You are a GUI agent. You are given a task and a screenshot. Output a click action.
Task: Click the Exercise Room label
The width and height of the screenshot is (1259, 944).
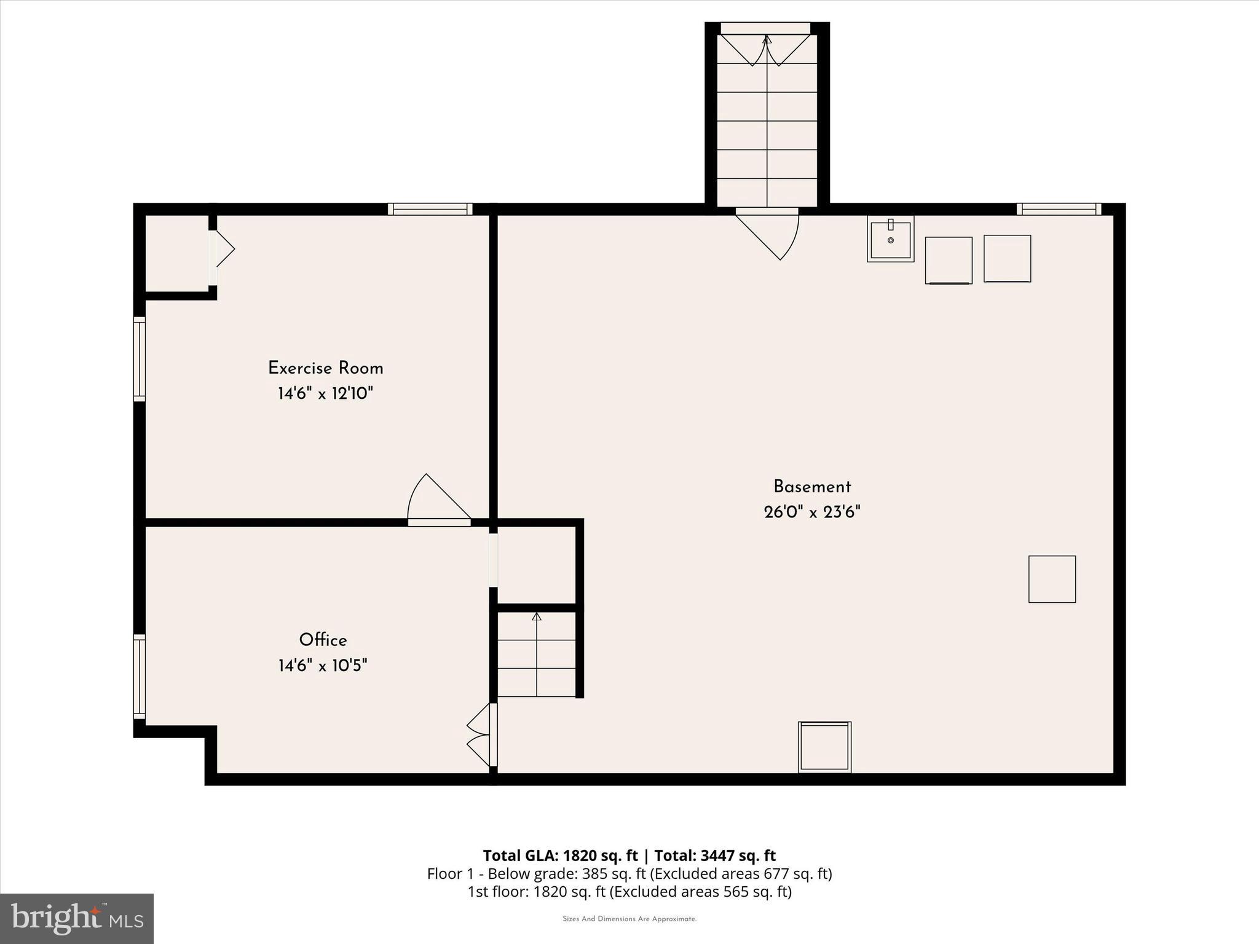(325, 368)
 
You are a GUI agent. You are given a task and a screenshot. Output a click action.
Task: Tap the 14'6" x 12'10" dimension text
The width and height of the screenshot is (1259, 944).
(325, 393)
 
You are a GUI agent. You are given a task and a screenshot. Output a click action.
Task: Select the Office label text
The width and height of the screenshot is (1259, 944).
(323, 640)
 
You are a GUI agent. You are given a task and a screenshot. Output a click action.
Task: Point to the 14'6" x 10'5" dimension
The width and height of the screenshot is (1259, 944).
(323, 666)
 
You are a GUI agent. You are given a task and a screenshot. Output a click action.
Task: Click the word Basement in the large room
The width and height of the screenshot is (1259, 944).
(812, 487)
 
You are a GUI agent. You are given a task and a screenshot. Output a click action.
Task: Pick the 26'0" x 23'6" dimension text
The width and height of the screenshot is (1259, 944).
(812, 512)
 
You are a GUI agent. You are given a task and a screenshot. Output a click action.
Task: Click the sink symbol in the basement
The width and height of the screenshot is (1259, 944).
(890, 238)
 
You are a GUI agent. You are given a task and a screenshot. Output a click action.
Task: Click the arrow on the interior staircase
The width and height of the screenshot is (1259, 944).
(537, 616)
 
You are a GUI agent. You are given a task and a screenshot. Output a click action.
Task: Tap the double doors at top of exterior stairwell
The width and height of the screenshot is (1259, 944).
(766, 49)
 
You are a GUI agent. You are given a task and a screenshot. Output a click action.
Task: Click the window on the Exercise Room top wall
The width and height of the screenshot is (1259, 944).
(430, 209)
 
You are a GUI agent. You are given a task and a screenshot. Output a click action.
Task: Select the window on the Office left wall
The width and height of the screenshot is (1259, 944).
(140, 676)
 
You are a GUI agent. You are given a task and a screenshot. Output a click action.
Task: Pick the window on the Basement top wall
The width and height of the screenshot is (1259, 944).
(1059, 209)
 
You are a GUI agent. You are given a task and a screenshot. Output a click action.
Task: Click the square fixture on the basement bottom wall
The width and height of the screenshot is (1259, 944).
(824, 746)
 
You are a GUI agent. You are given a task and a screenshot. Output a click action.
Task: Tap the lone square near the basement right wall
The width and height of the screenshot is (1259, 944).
(1052, 579)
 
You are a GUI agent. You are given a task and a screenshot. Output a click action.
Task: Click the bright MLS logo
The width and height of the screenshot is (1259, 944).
(77, 918)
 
